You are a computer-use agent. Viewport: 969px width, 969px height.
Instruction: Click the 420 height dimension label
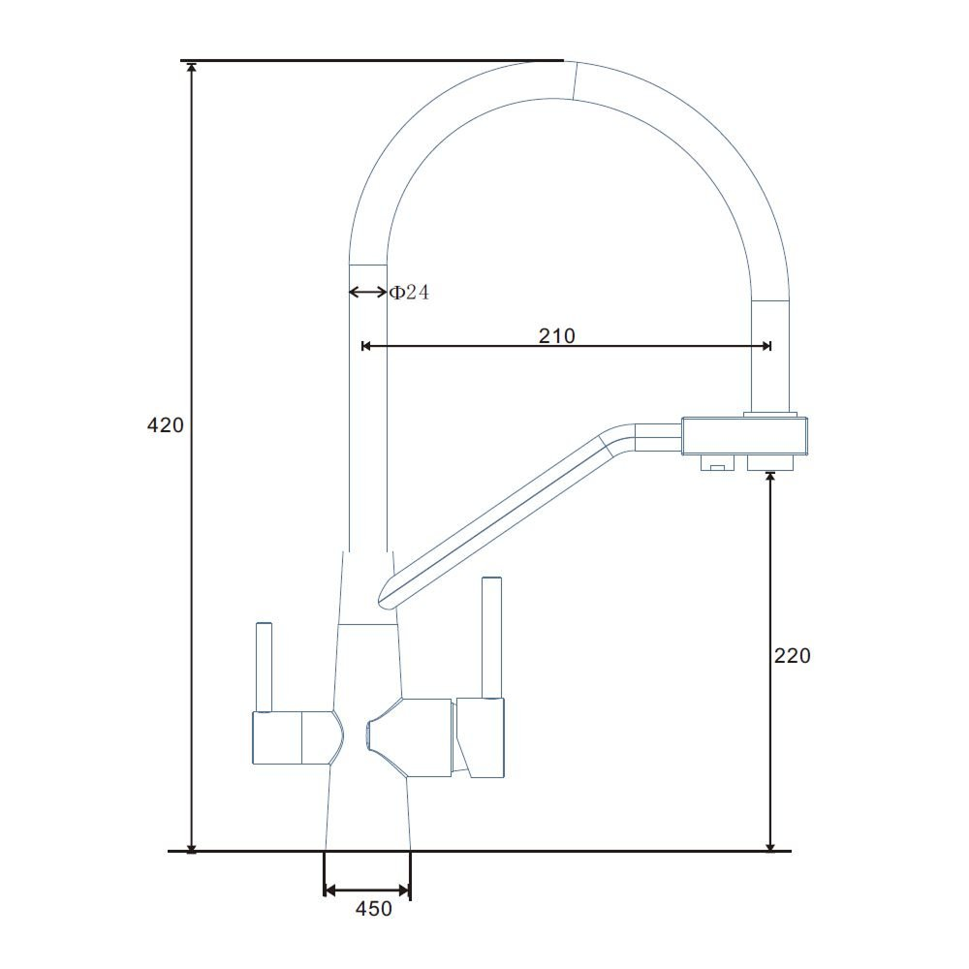point(165,425)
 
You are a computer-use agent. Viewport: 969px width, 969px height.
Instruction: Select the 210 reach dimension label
point(557,335)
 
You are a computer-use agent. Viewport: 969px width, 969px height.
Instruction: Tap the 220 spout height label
point(793,655)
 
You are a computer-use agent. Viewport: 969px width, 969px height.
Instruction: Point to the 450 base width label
point(374,909)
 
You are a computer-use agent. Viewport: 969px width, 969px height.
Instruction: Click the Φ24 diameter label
point(409,292)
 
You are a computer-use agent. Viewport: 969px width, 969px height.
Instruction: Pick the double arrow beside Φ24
point(368,292)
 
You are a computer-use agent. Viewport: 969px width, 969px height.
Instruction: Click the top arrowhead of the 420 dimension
point(192,68)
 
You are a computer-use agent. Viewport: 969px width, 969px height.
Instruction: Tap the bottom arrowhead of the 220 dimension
point(770,844)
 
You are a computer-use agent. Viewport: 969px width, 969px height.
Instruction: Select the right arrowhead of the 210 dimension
point(766,346)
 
